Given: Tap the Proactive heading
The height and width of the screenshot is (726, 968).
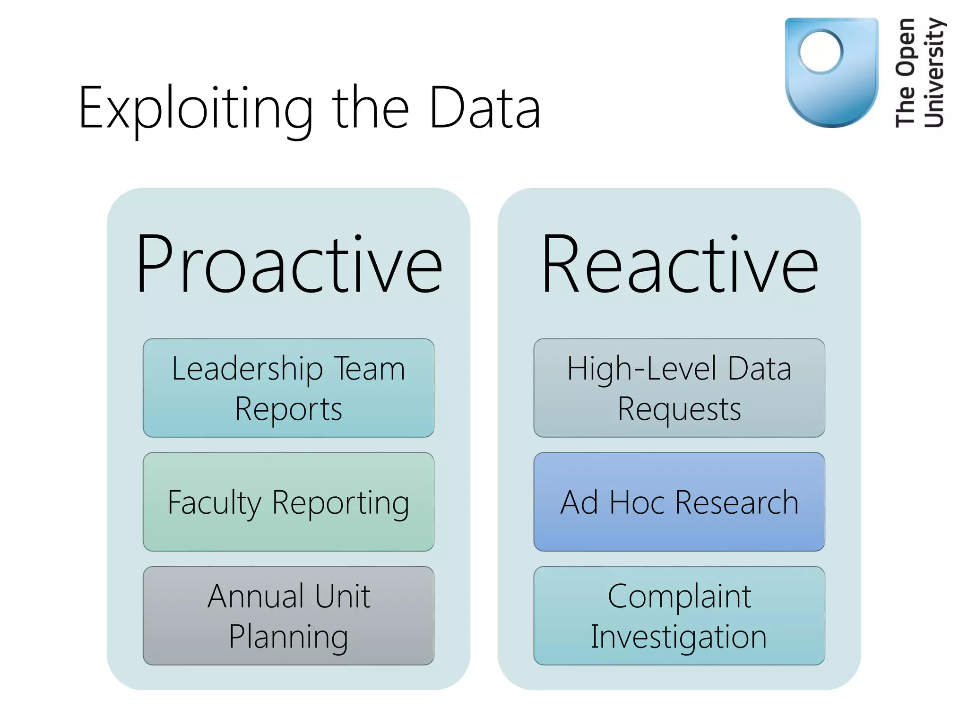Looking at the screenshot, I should click(289, 265).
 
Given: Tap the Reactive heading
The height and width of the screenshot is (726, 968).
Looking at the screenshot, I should click(679, 265).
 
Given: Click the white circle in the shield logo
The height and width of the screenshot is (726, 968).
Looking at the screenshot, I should click(821, 52).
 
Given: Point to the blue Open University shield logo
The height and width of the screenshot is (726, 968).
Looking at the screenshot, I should click(832, 95).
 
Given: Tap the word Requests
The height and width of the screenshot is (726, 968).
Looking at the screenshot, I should click(679, 409).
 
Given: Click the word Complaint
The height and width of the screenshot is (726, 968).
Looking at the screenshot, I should click(679, 596).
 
